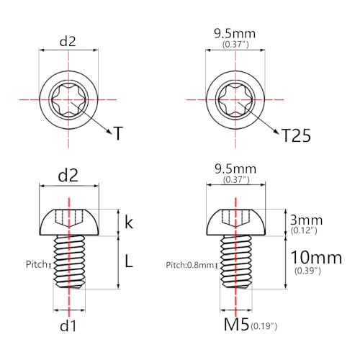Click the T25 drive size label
296,135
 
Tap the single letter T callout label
118,133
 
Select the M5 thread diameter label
236,325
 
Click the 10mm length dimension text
316,258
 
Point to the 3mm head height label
306,220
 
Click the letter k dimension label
129,222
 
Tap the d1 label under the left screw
68,326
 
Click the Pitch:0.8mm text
189,265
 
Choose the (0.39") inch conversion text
307,271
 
